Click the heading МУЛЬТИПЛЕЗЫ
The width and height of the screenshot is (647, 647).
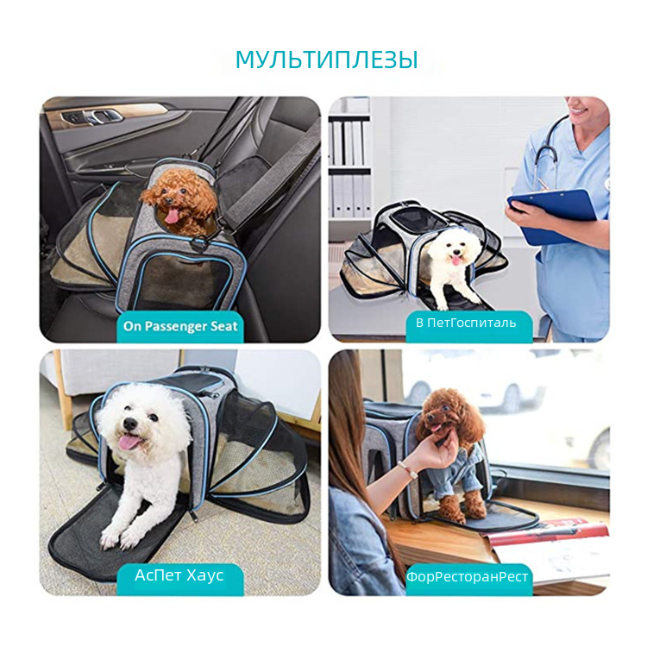[x=326, y=60]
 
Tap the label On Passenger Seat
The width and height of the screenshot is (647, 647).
[x=180, y=326]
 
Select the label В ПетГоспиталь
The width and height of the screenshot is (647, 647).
[x=466, y=323]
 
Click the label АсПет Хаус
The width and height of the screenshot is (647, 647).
[x=179, y=575]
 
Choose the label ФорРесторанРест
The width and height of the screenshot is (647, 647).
[x=467, y=576]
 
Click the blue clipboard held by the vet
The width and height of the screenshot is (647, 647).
[x=552, y=216]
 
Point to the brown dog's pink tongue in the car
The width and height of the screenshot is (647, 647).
[x=173, y=216]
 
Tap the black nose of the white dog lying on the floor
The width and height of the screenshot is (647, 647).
[x=130, y=423]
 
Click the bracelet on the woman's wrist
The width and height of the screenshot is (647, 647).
[x=406, y=469]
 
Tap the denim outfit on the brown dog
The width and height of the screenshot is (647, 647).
[x=453, y=468]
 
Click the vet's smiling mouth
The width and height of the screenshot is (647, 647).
[x=580, y=110]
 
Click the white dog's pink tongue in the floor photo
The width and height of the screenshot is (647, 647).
[x=129, y=443]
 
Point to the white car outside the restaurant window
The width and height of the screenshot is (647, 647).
[x=499, y=388]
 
